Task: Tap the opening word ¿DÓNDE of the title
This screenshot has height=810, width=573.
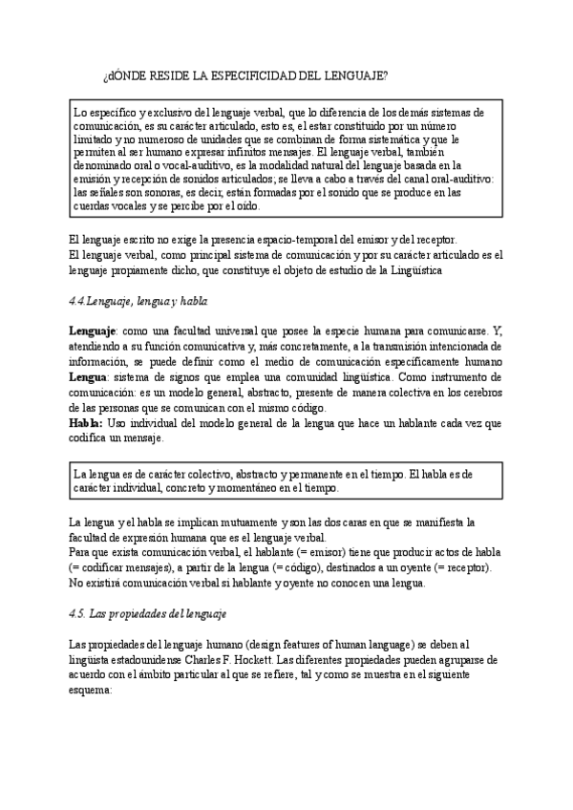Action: [x=121, y=75]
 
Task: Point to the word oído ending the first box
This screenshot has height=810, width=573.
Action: [x=243, y=205]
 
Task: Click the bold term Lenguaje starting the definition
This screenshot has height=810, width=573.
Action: [x=93, y=330]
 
